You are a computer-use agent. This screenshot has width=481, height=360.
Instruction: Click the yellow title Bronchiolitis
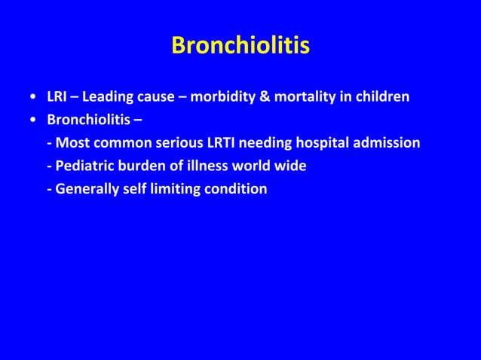coord(240,47)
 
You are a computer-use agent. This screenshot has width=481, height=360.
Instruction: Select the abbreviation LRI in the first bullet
coord(57,97)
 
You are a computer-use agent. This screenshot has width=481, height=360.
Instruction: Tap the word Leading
coord(108,97)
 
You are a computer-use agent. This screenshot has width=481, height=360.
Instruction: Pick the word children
coord(381,97)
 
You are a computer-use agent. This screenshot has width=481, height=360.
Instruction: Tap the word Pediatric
coord(82,165)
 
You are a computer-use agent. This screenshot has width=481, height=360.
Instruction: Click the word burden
coord(140,165)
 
